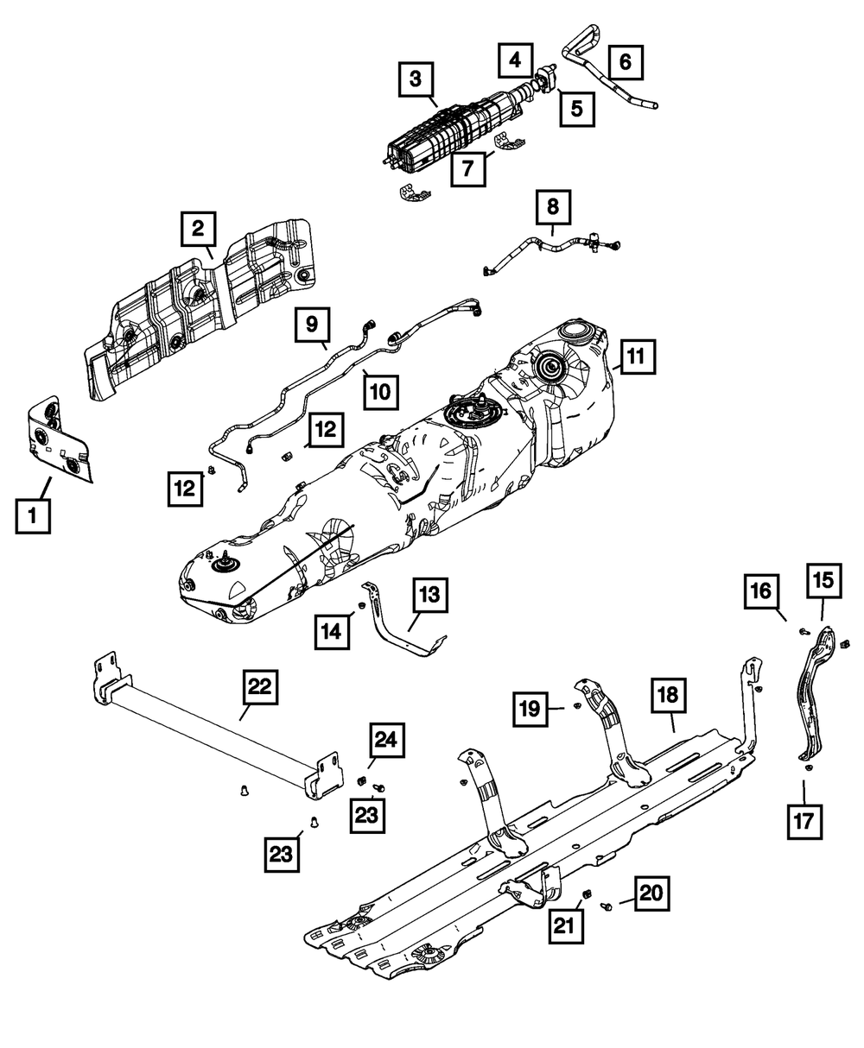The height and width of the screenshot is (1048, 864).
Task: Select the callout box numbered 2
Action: (x=198, y=229)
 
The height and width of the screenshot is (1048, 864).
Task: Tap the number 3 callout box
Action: (x=416, y=81)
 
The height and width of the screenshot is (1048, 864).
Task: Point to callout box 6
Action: (x=626, y=60)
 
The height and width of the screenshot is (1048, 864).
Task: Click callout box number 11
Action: (x=636, y=355)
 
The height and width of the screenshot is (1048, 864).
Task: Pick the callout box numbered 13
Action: (x=430, y=595)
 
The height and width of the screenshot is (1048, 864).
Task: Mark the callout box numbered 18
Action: (x=672, y=695)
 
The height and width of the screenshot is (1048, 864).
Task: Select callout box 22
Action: (x=260, y=687)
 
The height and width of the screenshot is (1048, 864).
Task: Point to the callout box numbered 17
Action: (x=804, y=821)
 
